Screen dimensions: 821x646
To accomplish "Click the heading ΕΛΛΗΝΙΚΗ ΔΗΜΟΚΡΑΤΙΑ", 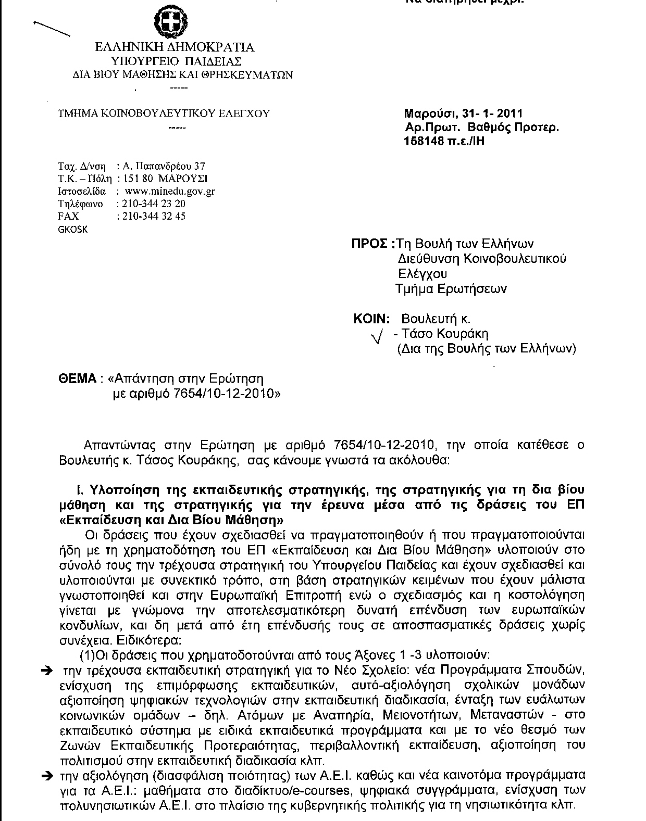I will click(175, 47).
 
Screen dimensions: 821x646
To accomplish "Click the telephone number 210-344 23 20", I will click(152, 204).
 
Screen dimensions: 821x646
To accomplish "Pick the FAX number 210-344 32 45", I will click(152, 216).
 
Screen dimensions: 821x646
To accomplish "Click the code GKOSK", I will click(72, 229).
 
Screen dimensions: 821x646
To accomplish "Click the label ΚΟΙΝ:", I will click(371, 319).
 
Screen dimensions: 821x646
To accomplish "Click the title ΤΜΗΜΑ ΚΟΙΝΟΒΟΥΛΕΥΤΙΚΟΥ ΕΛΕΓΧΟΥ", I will click(164, 113).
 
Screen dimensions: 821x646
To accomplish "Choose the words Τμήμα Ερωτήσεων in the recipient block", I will click(451, 289).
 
